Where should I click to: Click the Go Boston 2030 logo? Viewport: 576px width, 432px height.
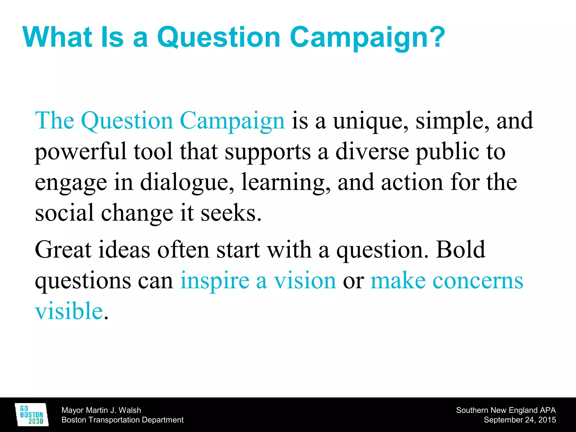tap(31, 415)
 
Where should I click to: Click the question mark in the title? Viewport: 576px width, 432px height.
tap(436, 37)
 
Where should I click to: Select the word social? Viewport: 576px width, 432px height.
tap(64, 213)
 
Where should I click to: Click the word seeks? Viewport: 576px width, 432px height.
tap(231, 213)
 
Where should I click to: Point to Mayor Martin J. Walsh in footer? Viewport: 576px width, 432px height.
tap(101, 410)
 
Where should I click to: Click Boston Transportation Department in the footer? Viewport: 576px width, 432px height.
tap(122, 420)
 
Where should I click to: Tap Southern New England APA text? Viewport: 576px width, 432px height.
tap(506, 410)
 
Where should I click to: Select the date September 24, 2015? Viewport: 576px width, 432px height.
tap(520, 420)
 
